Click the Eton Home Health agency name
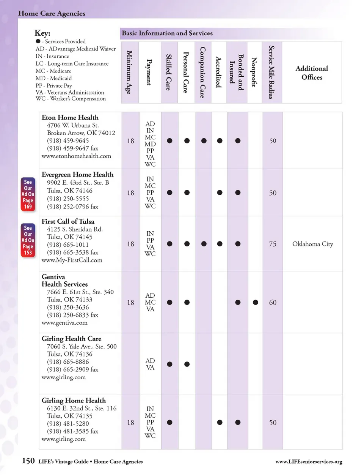click(x=70, y=118)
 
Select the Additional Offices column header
click(x=312, y=73)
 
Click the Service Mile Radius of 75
click(x=273, y=244)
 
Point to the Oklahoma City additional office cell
click(x=312, y=244)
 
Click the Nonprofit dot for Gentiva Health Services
click(x=256, y=303)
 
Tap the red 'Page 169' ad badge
click(x=28, y=194)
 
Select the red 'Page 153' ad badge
click(x=28, y=240)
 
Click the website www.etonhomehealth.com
click(x=76, y=156)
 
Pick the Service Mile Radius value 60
click(x=273, y=303)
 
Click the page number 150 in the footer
click(x=28, y=461)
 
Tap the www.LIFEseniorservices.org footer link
click(x=309, y=462)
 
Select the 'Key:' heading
click(x=42, y=33)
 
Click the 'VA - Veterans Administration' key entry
click(x=70, y=92)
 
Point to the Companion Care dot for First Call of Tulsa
click(x=204, y=244)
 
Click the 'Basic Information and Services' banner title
click(x=167, y=33)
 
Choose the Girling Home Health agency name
click(x=74, y=401)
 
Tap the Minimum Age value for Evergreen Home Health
click(x=130, y=193)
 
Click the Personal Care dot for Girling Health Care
click(x=187, y=365)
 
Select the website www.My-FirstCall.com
click(x=72, y=260)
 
